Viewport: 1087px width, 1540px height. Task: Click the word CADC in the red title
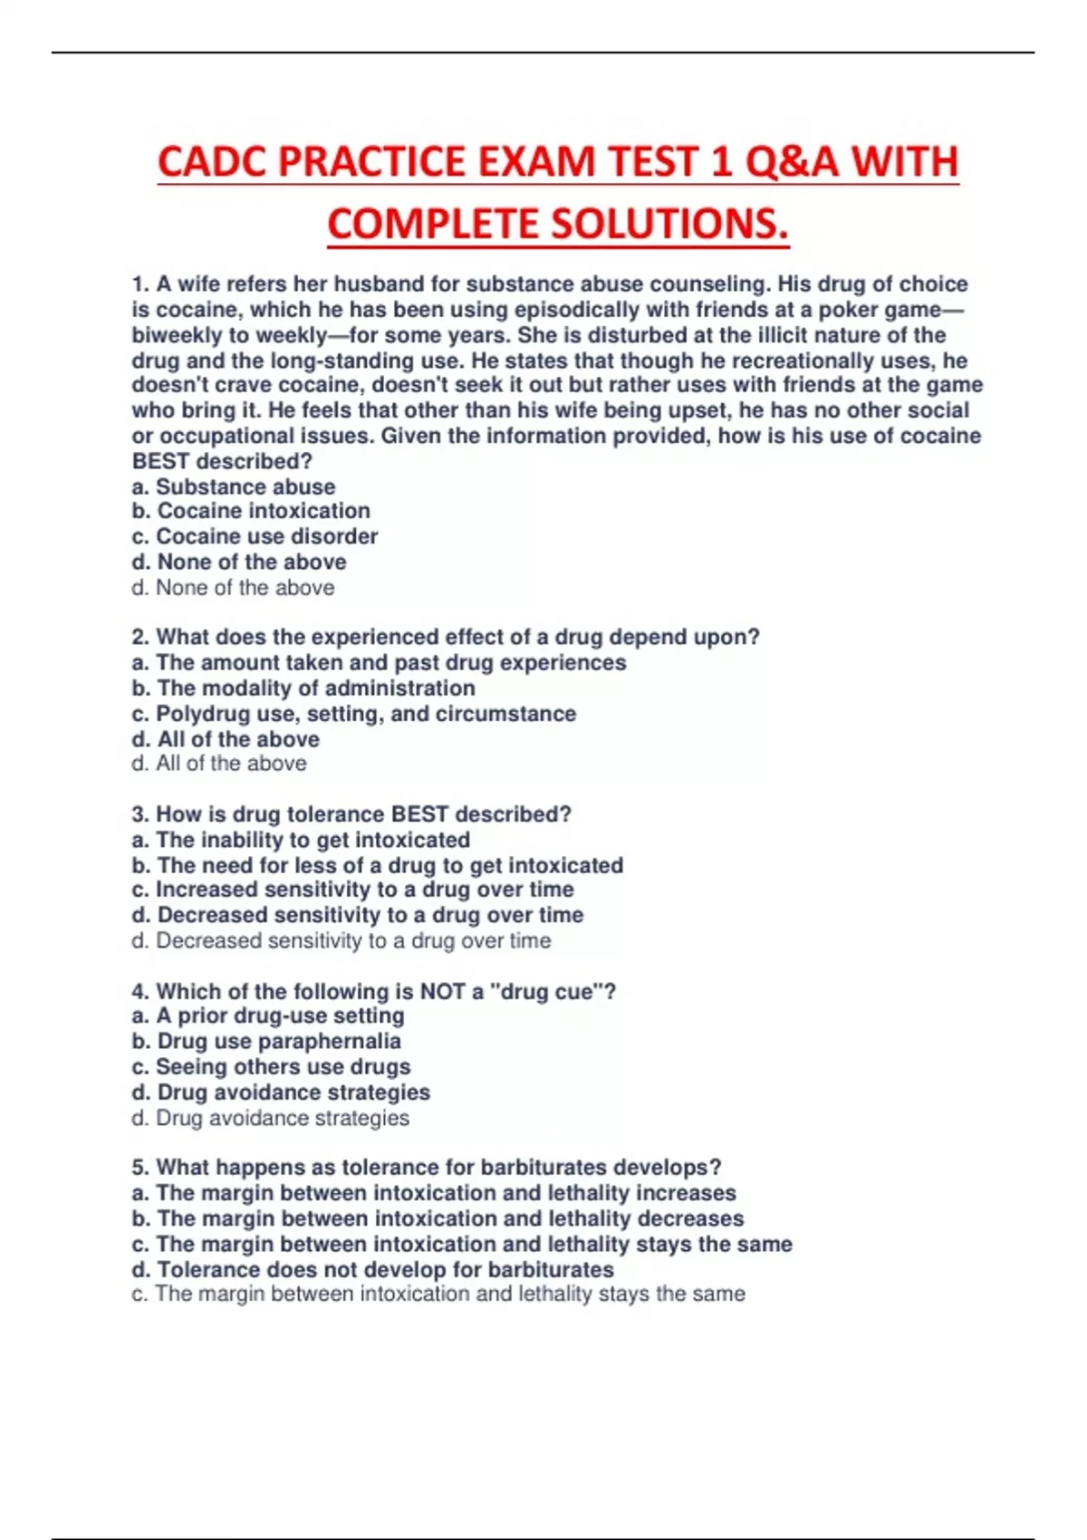coord(212,162)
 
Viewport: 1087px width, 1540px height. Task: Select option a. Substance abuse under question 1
coord(234,486)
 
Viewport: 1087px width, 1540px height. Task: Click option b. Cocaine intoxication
coord(251,511)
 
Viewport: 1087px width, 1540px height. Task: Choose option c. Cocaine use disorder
coord(255,536)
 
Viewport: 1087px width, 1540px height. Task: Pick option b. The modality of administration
coord(303,688)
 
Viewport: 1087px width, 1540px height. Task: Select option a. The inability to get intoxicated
coord(301,840)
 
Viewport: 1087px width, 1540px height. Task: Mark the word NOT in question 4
coord(442,992)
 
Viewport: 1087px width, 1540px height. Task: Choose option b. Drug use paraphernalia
coord(266,1042)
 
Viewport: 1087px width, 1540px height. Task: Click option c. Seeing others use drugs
coord(271,1067)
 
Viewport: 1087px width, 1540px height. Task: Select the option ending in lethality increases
coord(434,1193)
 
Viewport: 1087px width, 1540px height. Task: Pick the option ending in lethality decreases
coord(438,1218)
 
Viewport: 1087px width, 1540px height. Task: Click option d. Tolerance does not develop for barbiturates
coord(372,1269)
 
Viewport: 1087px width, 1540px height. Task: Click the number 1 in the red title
coord(720,162)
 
